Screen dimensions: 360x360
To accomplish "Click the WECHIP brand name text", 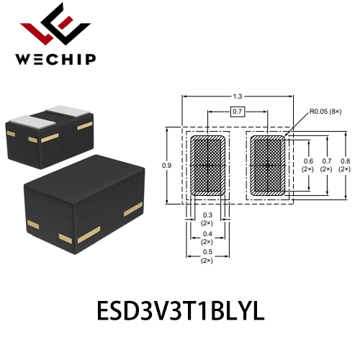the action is pos(55,59).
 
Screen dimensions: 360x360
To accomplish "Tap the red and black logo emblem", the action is pos(55,24).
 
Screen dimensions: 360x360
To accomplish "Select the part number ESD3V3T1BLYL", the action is pos(181,310).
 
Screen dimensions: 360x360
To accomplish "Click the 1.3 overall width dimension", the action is pos(238,96).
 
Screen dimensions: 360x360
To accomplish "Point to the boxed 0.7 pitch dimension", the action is pos(238,112).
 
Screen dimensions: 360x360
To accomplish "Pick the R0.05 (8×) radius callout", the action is pos(325,112).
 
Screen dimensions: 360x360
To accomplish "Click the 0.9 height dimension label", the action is pos(166,166).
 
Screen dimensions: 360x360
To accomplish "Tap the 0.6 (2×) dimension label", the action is pos(308,165).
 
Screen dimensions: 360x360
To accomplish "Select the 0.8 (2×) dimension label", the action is pos(345,165).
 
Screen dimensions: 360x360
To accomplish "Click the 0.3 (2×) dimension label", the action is pos(207,219).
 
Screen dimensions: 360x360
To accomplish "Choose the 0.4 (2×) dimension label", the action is pos(207,238).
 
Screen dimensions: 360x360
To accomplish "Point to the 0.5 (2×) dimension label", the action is pos(207,256).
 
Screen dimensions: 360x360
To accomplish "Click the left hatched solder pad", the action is pos(208,166).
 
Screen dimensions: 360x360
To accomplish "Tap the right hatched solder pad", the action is pos(268,166).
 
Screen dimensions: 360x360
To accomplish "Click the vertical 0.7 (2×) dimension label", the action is pos(326,165).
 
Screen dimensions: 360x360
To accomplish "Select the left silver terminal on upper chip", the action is pos(32,121).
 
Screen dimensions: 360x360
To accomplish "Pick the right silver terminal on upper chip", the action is pos(68,111).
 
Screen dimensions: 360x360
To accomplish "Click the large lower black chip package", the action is pos(84,204).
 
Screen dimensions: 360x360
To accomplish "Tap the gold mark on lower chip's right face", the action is pos(133,209).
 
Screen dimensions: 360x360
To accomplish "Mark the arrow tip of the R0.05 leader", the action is pos(285,136).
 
